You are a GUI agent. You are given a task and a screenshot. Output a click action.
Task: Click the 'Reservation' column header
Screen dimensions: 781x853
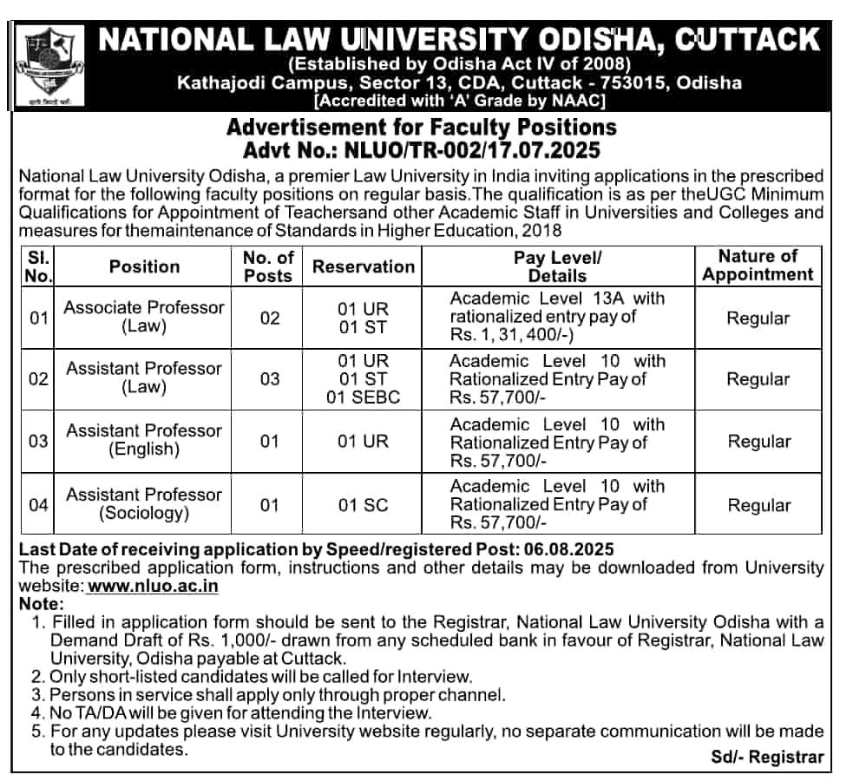(x=364, y=266)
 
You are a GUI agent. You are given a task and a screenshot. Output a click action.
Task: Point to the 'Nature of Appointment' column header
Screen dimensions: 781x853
(x=758, y=266)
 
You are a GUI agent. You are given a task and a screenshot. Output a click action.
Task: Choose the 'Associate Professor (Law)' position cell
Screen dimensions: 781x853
(x=144, y=317)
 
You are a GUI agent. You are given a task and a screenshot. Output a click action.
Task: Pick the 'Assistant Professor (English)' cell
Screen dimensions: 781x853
(x=144, y=440)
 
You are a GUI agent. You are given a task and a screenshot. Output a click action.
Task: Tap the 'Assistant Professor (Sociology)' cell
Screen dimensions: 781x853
(x=144, y=503)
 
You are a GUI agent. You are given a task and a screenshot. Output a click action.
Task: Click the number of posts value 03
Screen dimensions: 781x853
(x=270, y=379)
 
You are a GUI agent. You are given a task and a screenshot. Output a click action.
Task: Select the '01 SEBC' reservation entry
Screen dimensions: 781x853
(x=364, y=397)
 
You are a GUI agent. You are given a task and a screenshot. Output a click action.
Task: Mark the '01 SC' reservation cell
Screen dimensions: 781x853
(x=364, y=505)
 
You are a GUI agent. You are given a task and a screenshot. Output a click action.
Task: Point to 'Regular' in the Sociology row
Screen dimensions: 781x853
(x=758, y=505)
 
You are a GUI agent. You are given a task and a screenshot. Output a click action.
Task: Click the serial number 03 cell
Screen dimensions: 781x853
(x=38, y=441)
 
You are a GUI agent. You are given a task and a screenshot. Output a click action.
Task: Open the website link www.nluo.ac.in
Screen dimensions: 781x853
(x=153, y=586)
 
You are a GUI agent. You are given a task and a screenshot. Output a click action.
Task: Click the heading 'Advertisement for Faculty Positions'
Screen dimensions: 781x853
(x=421, y=128)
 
